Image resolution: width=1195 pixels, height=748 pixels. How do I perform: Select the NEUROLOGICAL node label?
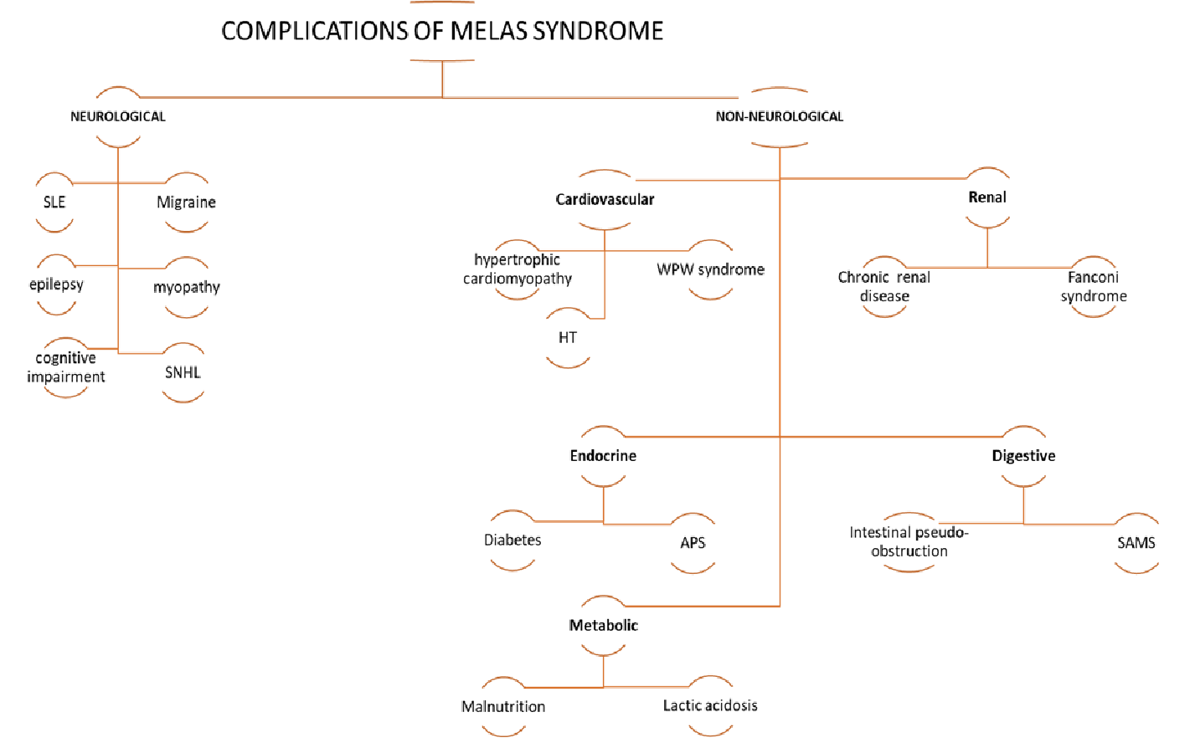coord(118,116)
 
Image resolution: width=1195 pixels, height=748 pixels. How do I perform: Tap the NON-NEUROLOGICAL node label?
coord(779,116)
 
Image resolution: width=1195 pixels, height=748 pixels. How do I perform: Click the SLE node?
coord(54,202)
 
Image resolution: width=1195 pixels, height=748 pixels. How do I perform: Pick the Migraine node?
coord(186,202)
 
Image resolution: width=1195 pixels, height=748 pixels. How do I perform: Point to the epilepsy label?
coord(56,284)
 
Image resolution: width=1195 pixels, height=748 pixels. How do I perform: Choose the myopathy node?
coord(186,287)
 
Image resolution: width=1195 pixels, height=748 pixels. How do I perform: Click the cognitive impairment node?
coord(65,367)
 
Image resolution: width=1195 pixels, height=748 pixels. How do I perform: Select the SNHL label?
coord(183,372)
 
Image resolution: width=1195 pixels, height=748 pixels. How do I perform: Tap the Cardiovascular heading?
coord(605,199)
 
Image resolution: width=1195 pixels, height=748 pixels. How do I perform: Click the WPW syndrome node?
coord(710,269)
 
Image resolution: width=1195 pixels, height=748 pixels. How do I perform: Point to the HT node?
coord(568,338)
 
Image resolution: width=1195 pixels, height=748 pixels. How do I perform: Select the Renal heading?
coord(987,197)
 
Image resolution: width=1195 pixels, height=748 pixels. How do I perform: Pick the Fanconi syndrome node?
coord(1093,286)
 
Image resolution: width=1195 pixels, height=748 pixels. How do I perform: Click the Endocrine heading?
coord(603,456)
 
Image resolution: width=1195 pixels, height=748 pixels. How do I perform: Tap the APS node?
coord(693,543)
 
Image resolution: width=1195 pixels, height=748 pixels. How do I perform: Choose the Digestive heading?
coord(1023,456)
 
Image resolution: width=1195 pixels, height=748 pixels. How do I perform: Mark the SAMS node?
coord(1136,543)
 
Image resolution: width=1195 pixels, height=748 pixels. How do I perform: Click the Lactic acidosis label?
coord(710,706)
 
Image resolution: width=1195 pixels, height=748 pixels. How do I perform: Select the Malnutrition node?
coord(503,707)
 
